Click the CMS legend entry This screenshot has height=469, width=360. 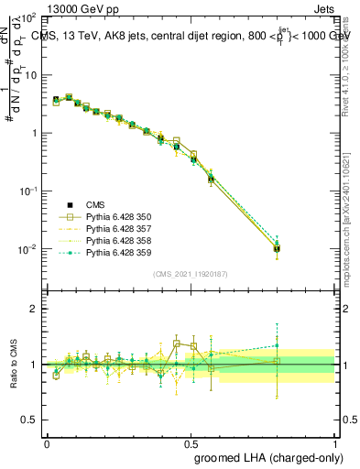(x=95, y=204)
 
